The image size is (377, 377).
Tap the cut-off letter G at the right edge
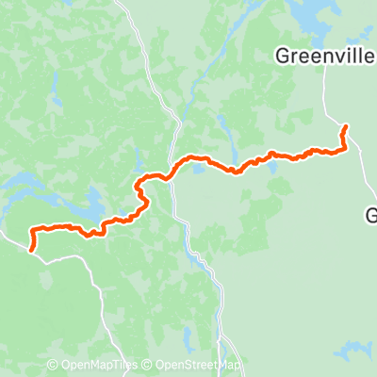click(x=371, y=217)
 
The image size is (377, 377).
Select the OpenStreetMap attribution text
click(x=193, y=365)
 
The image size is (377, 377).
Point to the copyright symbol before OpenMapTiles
click(x=52, y=365)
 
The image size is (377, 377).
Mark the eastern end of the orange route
click(x=346, y=126)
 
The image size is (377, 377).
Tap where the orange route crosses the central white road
click(x=171, y=174)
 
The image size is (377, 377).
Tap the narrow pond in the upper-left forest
click(x=55, y=90)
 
